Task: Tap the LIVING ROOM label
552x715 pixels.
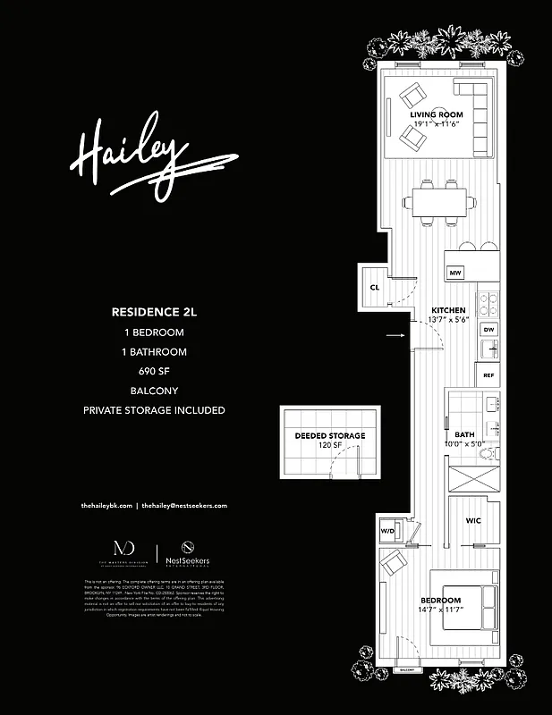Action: [436, 115]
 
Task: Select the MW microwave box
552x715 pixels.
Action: [455, 273]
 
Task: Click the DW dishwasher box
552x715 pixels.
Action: [488, 330]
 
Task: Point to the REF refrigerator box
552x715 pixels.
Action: [488, 375]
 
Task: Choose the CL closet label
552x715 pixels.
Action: [376, 287]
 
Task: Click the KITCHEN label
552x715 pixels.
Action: [447, 311]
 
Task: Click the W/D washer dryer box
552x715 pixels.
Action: [387, 531]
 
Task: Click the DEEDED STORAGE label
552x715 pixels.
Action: [330, 436]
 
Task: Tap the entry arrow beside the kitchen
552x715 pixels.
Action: [395, 336]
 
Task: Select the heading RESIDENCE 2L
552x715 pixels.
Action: [153, 313]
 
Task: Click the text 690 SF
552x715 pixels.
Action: [153, 370]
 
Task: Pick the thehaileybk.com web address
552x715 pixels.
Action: [106, 505]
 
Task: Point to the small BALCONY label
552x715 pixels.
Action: [407, 668]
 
